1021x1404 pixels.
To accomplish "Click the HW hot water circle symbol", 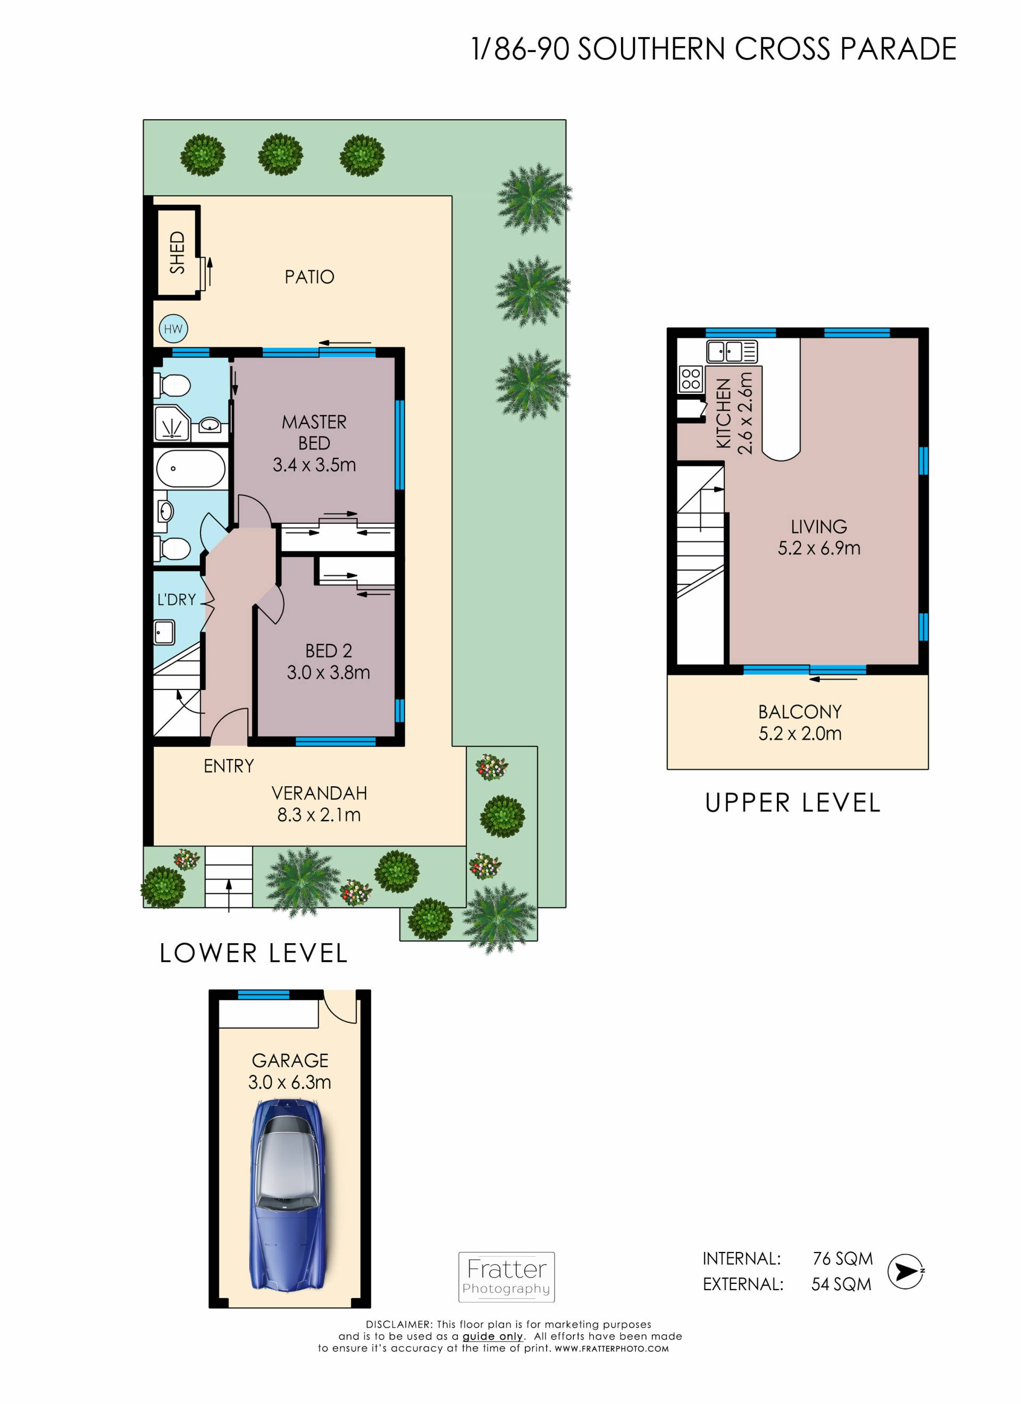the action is point(173,329).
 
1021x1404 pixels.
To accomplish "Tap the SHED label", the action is point(177,253).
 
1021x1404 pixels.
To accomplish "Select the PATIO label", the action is point(309,277).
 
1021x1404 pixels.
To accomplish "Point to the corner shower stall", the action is point(172,423).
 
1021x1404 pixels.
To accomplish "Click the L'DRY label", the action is point(177,599).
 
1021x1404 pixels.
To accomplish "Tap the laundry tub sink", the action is point(165,633).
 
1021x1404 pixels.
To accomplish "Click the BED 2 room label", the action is point(328,651).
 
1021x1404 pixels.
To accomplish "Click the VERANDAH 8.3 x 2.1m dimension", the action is point(319,814).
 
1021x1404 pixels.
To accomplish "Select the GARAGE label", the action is point(290,1061).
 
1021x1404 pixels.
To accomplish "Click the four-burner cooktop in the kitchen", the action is point(691,379).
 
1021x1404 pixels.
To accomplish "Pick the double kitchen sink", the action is point(732,351).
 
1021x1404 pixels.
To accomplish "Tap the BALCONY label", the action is point(800,712).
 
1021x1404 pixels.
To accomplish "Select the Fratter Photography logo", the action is point(506,1276).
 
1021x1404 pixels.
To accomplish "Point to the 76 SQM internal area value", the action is point(843,1258).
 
